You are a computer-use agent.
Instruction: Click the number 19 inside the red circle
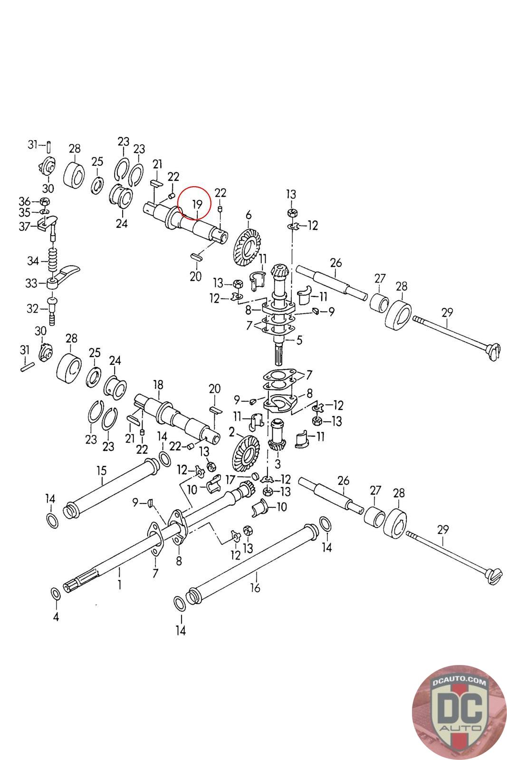tap(197, 204)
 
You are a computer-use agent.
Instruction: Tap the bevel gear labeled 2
tap(245, 456)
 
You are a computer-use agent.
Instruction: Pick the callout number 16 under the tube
tap(255, 588)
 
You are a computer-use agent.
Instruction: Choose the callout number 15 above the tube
tap(102, 471)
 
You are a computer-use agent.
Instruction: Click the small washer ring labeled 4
tap(55, 594)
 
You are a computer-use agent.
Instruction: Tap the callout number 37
tap(24, 226)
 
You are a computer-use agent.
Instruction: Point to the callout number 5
tap(299, 340)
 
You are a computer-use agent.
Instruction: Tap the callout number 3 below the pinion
tap(278, 463)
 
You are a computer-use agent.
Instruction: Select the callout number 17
tap(244, 480)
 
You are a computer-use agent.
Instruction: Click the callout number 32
tap(32, 309)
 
